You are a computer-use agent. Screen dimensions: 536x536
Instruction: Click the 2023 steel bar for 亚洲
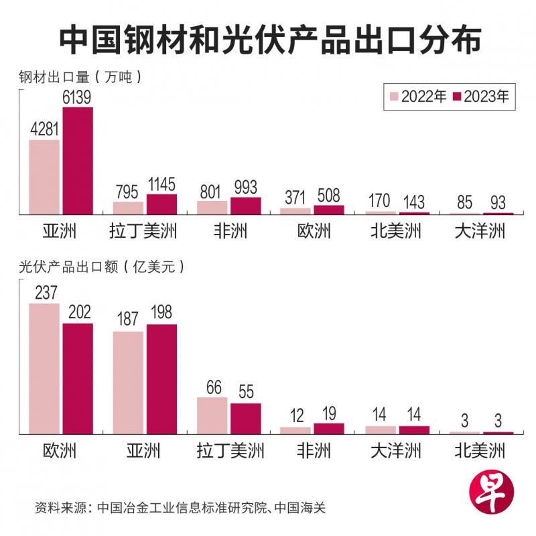pos(78,161)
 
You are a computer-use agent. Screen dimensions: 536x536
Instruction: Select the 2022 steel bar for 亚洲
pos(44,177)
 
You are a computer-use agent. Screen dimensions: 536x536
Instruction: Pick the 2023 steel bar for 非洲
pos(245,206)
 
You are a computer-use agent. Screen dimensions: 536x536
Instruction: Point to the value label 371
pos(295,198)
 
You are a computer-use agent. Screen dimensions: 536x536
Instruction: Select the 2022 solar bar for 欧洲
pos(44,368)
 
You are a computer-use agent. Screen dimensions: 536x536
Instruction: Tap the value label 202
pos(78,313)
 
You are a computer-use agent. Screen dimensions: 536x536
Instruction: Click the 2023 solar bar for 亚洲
pos(161,379)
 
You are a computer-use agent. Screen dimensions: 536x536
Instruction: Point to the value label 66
pos(212,387)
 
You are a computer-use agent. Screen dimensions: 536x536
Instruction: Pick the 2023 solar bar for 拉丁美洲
pos(245,418)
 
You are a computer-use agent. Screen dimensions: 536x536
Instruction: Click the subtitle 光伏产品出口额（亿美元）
pos(100,266)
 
